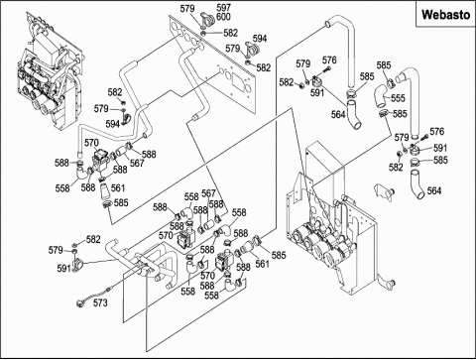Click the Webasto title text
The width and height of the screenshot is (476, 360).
click(x=445, y=15)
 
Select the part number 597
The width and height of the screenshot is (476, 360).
click(x=223, y=8)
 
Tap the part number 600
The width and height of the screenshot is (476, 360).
click(x=223, y=17)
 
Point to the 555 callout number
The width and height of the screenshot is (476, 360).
click(x=398, y=98)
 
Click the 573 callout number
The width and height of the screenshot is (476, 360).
click(x=100, y=302)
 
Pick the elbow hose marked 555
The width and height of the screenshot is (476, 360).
click(x=380, y=95)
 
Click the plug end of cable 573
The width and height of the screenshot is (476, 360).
click(x=79, y=302)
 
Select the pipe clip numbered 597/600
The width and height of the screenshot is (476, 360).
click(x=207, y=20)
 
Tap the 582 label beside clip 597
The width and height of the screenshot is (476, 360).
click(x=230, y=33)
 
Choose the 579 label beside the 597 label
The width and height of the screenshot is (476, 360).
click(x=187, y=9)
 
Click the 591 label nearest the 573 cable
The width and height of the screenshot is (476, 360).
click(x=64, y=269)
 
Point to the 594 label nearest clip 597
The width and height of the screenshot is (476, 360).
click(x=260, y=39)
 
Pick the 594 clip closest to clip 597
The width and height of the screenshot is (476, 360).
click(x=252, y=49)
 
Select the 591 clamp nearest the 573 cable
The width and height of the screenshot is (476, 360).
click(x=76, y=264)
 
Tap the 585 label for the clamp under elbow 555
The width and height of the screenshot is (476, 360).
click(x=400, y=114)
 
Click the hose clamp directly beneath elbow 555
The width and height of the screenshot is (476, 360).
click(x=384, y=114)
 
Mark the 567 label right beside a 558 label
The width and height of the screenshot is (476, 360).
click(x=208, y=193)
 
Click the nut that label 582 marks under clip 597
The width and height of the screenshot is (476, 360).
click(x=204, y=33)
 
